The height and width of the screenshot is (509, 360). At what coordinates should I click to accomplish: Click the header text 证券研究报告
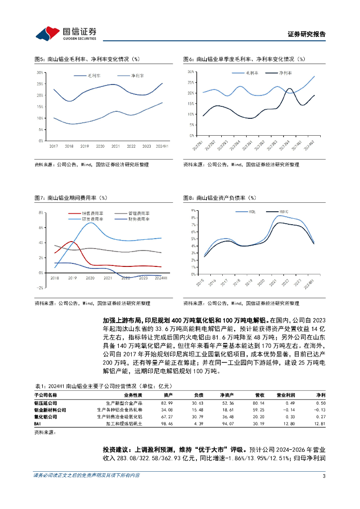(306, 34)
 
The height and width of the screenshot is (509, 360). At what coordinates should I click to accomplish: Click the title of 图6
(244, 59)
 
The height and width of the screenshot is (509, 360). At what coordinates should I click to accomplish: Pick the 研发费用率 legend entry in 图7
(90, 219)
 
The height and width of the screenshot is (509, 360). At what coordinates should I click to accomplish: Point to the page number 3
(324, 476)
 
